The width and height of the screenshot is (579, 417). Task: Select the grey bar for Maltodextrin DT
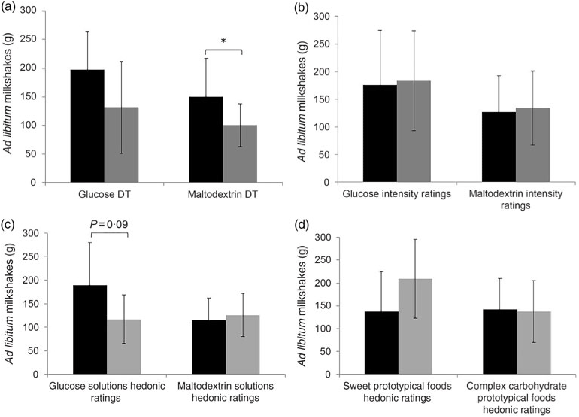pos(240,154)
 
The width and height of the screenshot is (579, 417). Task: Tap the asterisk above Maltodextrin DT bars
pos(223,40)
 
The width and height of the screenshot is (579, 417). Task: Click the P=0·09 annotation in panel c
pos(109,224)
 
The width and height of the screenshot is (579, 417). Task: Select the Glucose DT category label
pos(104,194)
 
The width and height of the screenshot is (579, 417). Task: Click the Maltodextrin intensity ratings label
pos(515,200)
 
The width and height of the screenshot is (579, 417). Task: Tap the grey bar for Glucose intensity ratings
pos(414,132)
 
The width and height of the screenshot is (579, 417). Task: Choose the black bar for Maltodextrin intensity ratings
pos(499,147)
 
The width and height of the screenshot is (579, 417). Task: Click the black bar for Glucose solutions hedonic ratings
pos(90,329)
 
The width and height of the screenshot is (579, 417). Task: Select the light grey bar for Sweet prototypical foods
pos(415,326)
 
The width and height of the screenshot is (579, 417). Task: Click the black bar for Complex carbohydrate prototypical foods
pos(500,341)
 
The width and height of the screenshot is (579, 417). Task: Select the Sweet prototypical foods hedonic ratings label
pos(397,391)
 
